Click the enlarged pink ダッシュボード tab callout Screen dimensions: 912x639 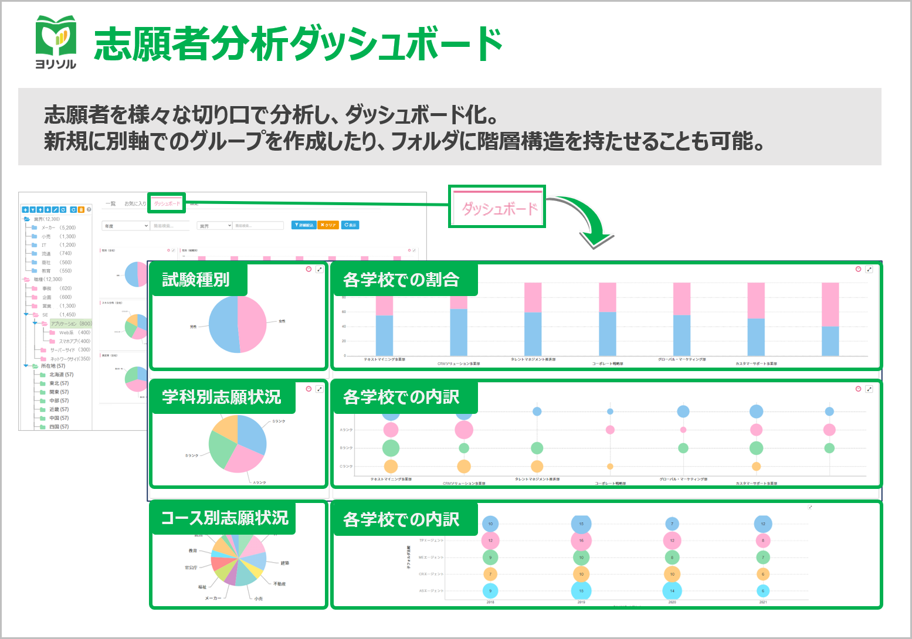(x=498, y=208)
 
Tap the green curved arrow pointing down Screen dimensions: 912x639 (x=586, y=223)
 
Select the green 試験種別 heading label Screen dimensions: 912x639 (x=196, y=280)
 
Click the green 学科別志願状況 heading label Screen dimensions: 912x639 (x=222, y=397)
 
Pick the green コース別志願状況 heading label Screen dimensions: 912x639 (x=224, y=518)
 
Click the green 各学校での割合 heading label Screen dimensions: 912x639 (x=401, y=280)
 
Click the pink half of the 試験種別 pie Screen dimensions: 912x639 (x=252, y=324)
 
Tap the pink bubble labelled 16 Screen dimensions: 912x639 (x=581, y=541)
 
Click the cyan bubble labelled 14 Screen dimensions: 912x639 (x=672, y=591)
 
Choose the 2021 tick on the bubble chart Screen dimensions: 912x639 (x=763, y=602)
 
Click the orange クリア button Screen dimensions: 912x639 (x=328, y=225)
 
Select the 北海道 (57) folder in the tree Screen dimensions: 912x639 (x=61, y=375)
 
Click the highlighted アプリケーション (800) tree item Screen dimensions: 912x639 (x=71, y=324)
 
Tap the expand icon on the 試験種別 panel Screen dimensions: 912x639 (x=320, y=269)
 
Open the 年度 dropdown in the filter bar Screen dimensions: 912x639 (x=126, y=226)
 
